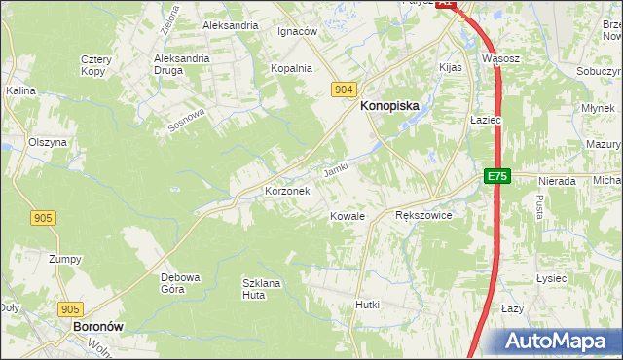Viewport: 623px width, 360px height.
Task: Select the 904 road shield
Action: point(342,89)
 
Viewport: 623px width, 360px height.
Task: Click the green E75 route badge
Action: point(497,176)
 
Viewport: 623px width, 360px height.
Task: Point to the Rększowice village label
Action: point(423,215)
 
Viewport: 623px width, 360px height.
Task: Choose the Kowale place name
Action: point(347,215)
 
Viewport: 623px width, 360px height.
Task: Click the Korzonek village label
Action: point(287,191)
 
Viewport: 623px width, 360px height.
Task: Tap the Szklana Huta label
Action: point(261,289)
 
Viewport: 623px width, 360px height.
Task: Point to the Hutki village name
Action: point(367,305)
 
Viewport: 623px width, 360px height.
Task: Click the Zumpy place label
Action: point(65,259)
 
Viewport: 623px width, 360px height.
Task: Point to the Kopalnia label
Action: point(291,68)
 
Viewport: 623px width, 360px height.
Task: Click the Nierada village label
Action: point(556,181)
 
